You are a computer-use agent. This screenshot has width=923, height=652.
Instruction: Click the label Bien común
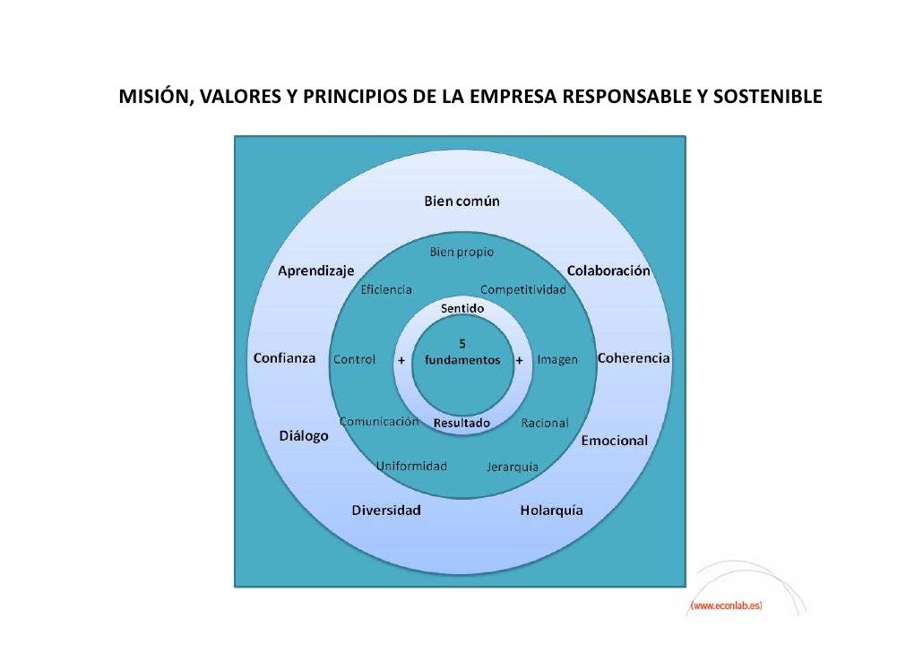(461, 201)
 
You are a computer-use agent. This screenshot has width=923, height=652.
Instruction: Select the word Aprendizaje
(315, 270)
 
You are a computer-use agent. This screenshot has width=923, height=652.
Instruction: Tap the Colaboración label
(608, 270)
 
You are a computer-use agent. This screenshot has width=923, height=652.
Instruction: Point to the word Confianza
(284, 358)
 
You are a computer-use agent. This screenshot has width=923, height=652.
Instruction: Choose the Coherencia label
(634, 358)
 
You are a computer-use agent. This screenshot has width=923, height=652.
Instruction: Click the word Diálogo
(304, 436)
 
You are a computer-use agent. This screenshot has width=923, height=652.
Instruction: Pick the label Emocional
(614, 441)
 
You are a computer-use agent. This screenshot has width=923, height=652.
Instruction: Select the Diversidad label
(386, 510)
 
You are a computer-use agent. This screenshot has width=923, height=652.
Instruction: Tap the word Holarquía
(551, 510)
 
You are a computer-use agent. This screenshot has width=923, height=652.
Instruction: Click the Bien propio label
(461, 253)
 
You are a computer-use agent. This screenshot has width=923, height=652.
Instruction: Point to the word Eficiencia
(386, 289)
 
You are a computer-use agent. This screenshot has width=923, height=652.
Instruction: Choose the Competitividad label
(523, 289)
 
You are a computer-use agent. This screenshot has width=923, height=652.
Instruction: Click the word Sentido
(461, 308)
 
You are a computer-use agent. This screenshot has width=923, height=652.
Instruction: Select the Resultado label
(461, 423)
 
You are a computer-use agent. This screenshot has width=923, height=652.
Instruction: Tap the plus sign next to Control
(401, 360)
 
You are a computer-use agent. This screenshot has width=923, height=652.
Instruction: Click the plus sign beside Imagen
(520, 360)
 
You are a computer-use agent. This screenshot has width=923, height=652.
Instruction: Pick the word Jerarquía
(513, 467)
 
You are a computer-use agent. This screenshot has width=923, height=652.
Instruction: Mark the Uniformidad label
(411, 466)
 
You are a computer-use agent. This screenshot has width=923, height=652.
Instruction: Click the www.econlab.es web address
(725, 606)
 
